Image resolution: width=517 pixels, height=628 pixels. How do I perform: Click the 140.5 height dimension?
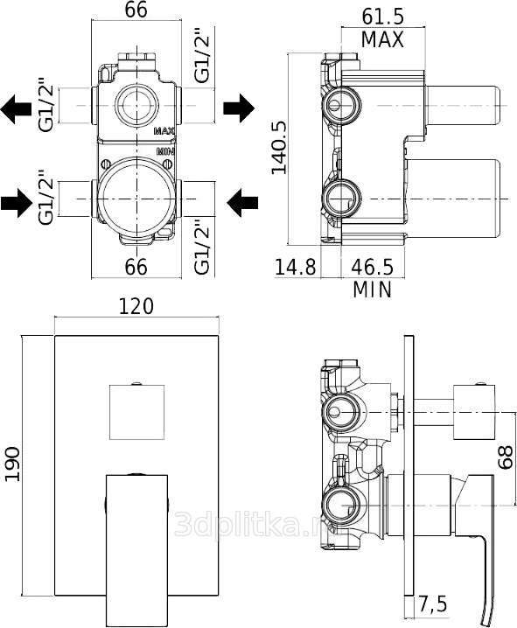click(279, 148)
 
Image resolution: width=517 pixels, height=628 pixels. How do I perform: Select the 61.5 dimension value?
click(383, 17)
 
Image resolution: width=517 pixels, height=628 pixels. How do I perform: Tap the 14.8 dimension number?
click(296, 267)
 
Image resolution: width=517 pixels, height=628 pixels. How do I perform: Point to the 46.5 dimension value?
click(372, 267)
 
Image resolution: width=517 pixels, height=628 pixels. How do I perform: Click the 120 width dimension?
click(136, 306)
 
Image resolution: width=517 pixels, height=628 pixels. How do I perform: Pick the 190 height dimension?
click(12, 464)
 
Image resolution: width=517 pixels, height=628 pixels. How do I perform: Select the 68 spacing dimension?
click(506, 457)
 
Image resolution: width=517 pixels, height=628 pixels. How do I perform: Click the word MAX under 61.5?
click(382, 39)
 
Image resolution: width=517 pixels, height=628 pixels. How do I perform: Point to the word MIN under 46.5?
click(372, 290)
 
